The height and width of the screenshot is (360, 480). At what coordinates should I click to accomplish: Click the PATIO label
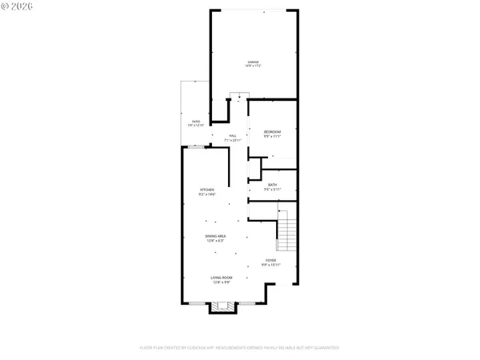point(195,121)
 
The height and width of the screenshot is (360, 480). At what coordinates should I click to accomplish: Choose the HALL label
point(233,136)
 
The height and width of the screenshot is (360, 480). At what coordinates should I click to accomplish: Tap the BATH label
point(273,185)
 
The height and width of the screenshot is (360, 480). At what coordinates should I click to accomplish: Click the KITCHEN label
point(207,190)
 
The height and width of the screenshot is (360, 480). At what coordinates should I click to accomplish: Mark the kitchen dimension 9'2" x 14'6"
point(207,194)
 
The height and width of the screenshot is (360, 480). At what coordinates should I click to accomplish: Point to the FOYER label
point(273,260)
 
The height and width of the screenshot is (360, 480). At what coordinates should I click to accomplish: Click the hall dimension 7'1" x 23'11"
point(233,141)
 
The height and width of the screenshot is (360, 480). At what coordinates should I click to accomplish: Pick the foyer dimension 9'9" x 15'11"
point(273,265)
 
